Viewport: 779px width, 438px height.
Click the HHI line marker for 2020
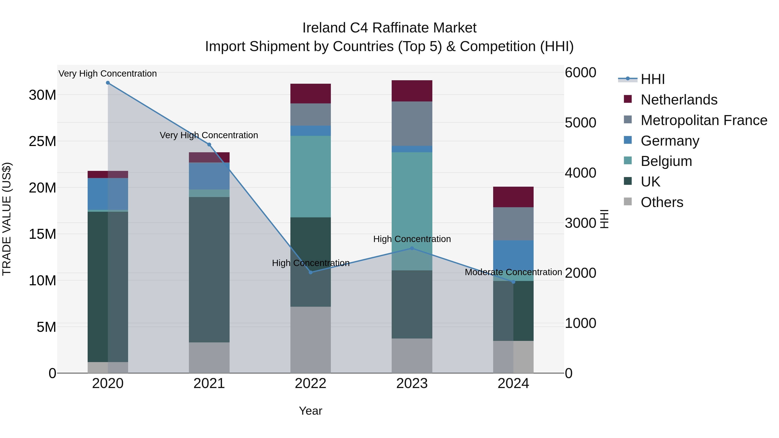click(108, 83)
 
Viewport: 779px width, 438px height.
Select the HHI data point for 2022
click(311, 272)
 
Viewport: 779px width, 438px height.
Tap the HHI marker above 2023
click(412, 248)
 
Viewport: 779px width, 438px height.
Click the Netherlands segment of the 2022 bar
click(311, 93)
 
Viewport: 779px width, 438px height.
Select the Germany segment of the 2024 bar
click(513, 257)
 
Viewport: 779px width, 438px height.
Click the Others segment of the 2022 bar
click(311, 340)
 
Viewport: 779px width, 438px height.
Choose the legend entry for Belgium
click(666, 161)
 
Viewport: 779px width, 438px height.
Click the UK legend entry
click(650, 182)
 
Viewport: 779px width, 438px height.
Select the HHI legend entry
click(653, 79)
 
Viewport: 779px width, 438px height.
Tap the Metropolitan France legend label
click(704, 120)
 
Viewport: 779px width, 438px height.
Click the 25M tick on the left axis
click(42, 141)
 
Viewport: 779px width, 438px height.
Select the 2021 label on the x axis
click(209, 383)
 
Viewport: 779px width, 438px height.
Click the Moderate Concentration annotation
click(513, 272)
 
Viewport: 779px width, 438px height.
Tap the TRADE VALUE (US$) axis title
click(7, 219)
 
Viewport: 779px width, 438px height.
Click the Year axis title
click(311, 411)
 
